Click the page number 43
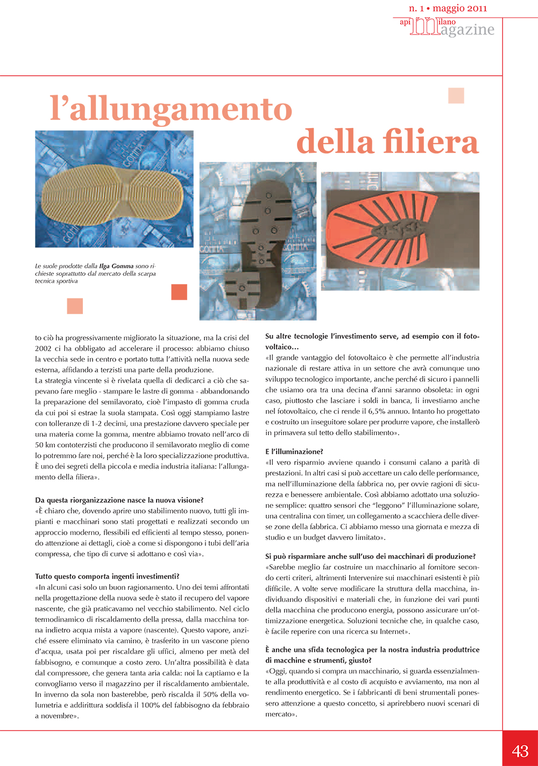point(520,750)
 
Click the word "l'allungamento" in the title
point(171,109)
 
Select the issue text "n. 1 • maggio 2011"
point(448,8)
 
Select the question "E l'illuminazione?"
point(294,452)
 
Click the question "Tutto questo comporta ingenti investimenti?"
point(107,576)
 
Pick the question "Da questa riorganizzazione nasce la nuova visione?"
point(119,500)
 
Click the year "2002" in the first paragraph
point(44,349)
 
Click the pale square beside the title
point(456,96)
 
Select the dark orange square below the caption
point(179,292)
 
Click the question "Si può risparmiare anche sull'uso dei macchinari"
point(370,556)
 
